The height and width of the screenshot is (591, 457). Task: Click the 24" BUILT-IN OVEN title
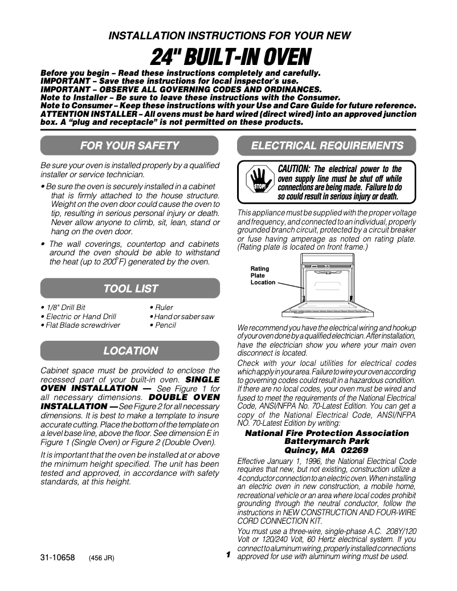(230, 57)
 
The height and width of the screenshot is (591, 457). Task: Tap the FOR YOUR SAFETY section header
(130, 146)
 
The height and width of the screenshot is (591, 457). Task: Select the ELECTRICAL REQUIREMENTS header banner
(327, 146)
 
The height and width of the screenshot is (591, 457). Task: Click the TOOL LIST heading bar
(130, 288)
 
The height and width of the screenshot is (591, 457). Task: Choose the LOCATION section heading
(130, 351)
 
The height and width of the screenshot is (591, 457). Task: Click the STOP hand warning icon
(260, 181)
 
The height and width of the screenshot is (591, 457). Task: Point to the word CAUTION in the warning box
(293, 169)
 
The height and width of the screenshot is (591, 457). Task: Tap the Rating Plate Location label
(262, 276)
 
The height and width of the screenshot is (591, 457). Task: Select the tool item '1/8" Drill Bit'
(65, 307)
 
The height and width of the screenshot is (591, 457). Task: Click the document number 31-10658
(58, 558)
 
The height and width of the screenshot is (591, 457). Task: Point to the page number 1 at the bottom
(227, 555)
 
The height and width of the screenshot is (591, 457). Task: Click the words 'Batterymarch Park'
(327, 442)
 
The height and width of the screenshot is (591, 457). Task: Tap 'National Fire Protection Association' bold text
(327, 433)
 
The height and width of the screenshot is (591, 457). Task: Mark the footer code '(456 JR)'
(102, 559)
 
